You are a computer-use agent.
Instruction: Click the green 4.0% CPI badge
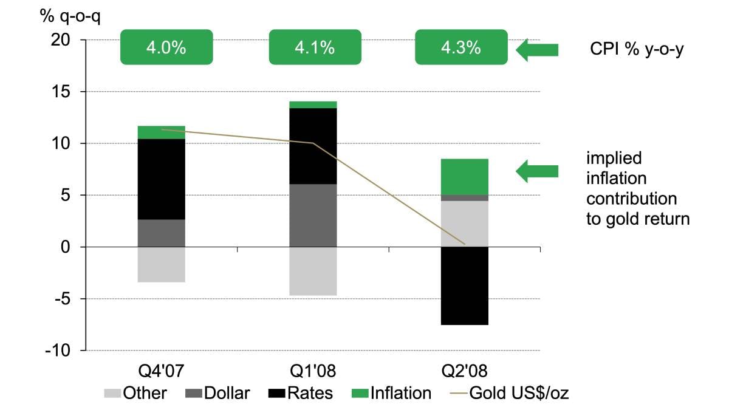click(x=166, y=47)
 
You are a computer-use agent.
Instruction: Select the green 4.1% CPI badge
click(x=314, y=47)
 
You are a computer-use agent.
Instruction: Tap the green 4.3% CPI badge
click(x=460, y=47)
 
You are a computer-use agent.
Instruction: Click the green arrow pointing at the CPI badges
click(x=537, y=50)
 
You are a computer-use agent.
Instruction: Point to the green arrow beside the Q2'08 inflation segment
click(x=537, y=171)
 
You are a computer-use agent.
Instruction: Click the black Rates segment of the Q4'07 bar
click(x=161, y=179)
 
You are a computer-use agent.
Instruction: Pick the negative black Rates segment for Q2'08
click(x=465, y=286)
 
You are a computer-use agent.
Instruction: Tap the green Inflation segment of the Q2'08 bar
click(x=465, y=177)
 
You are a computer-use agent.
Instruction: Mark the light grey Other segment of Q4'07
click(x=161, y=264)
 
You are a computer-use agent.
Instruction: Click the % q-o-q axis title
click(x=70, y=15)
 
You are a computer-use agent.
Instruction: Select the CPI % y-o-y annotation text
click(x=637, y=50)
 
